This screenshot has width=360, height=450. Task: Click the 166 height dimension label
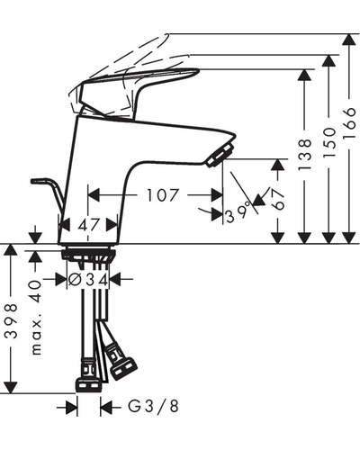(349, 123)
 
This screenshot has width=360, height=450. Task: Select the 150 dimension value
(329, 143)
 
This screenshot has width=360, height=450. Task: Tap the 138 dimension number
(305, 155)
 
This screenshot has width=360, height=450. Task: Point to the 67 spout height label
(279, 199)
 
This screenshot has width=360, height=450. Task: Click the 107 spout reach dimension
(162, 195)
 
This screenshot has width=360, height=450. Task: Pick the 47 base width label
(89, 224)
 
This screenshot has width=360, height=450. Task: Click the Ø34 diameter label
(88, 280)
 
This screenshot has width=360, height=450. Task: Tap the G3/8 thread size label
(154, 407)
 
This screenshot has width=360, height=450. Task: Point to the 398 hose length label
(12, 321)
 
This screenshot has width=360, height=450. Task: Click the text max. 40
(36, 317)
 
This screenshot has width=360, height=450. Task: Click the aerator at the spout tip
(220, 154)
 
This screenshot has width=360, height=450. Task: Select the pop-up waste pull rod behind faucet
(49, 192)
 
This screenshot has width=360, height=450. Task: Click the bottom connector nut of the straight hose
(88, 385)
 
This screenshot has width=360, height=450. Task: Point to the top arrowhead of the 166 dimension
(349, 40)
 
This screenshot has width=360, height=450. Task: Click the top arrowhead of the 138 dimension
(305, 76)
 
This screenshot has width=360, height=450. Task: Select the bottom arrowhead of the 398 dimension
(11, 387)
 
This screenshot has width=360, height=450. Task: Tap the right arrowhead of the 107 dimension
(217, 195)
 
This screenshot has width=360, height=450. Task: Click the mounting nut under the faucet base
(88, 254)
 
